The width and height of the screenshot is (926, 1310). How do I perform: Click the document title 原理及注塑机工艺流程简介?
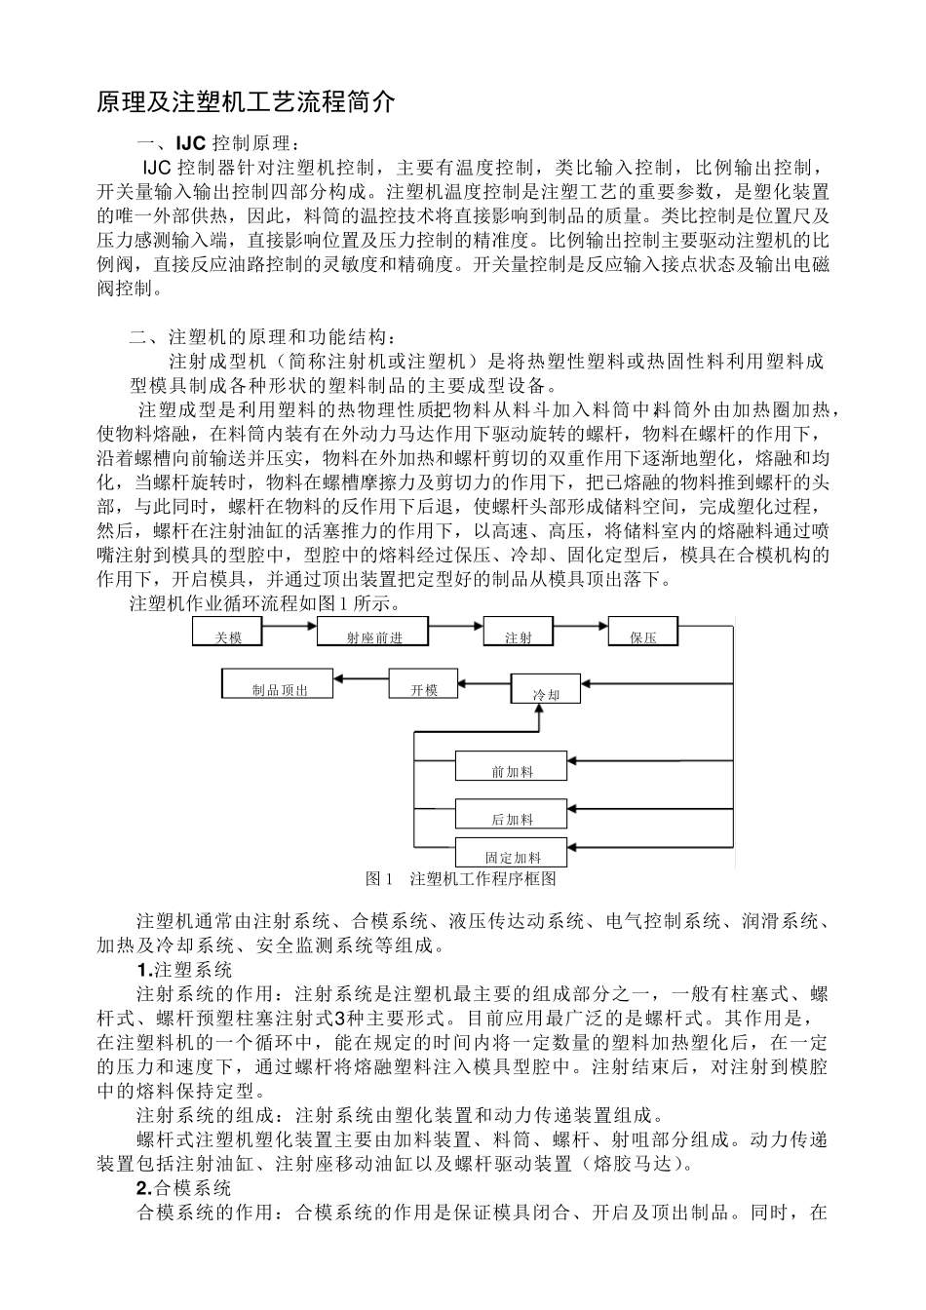(x=247, y=102)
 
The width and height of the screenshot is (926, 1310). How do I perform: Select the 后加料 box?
(x=511, y=814)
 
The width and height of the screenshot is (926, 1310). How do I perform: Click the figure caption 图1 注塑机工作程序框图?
(x=460, y=878)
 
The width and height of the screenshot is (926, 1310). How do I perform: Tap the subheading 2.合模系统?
(x=183, y=1188)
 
